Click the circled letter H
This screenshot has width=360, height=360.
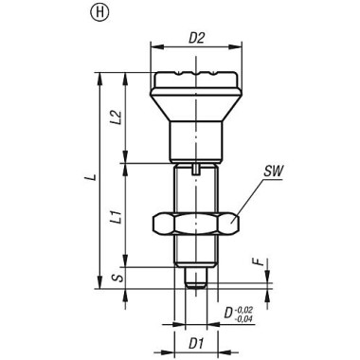point(99,13)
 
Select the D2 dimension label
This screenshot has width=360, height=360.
point(197,39)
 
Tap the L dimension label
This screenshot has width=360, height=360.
point(92,177)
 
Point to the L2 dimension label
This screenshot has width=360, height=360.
point(117,117)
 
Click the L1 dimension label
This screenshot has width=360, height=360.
point(117,217)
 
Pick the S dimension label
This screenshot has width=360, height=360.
point(117,279)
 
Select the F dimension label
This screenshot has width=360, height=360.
point(259,262)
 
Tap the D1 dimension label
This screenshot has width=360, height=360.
point(196,344)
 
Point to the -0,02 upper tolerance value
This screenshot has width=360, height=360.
point(244,309)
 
